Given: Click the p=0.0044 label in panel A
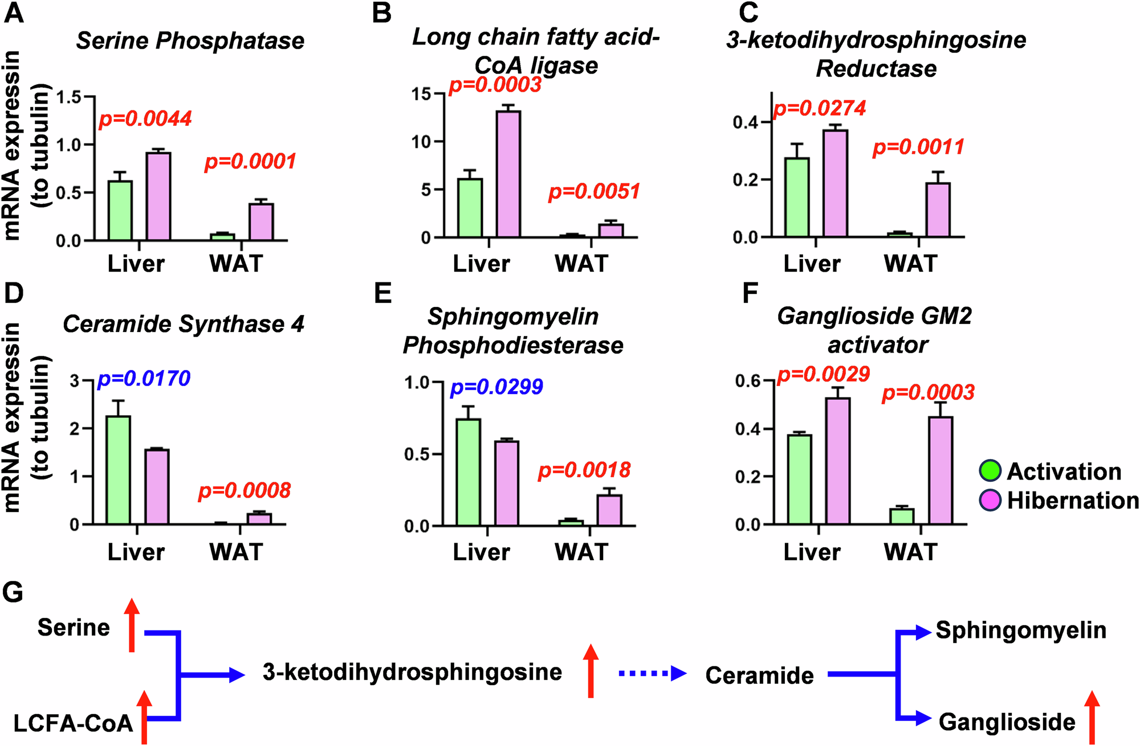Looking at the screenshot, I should tap(145, 119).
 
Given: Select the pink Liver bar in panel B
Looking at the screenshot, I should tap(508, 174).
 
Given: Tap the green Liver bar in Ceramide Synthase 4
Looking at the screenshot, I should tap(118, 470).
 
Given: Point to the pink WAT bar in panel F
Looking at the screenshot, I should tap(940, 470).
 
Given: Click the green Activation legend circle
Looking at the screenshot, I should tap(990, 471).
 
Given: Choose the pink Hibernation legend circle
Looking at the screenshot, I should tap(990, 500).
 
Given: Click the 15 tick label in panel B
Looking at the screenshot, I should tap(422, 94).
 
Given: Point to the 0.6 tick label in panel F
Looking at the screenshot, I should tap(748, 380).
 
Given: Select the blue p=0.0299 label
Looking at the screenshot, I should tap(496, 387).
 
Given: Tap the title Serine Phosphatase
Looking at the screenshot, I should tap(190, 41).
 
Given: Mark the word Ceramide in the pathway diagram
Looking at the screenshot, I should tap(759, 675).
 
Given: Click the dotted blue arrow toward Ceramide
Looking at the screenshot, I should tap(652, 674).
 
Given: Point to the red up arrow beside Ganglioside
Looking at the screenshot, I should tap(1092, 718).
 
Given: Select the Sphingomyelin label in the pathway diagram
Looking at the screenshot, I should tap(1021, 630).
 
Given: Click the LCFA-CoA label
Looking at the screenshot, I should tap(73, 723).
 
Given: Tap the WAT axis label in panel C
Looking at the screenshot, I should tap(910, 264).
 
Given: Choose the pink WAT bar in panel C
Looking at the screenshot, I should tap(938, 210).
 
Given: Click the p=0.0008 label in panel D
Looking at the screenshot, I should tap(245, 490).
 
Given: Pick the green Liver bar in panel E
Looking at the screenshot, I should tap(469, 472).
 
